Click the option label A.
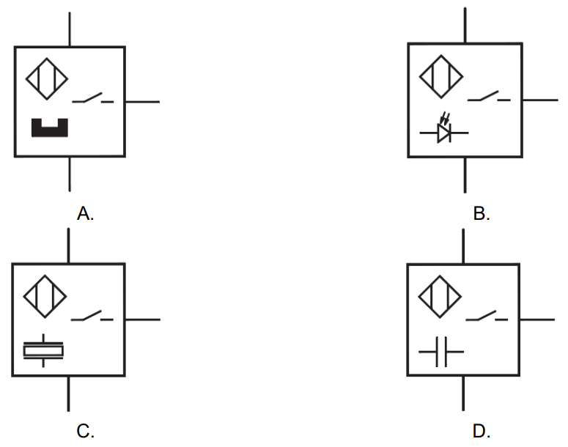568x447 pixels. (86, 213)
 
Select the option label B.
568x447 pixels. (482, 213)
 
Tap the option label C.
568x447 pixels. (86, 431)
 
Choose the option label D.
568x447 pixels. (482, 431)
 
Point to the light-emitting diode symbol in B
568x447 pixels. (443, 132)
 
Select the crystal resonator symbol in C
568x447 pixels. (44, 352)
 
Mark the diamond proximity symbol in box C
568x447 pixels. (45, 296)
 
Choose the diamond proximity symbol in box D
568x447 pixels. (440, 296)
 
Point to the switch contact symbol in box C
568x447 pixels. (92, 317)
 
